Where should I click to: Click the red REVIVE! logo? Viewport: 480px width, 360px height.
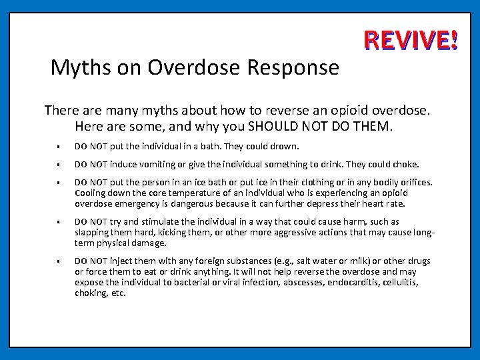click(x=411, y=41)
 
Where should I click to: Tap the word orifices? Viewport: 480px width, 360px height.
click(x=412, y=182)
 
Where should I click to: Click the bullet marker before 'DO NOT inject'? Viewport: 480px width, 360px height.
click(x=59, y=261)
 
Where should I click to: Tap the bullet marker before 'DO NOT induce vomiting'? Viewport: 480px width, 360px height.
click(x=59, y=165)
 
